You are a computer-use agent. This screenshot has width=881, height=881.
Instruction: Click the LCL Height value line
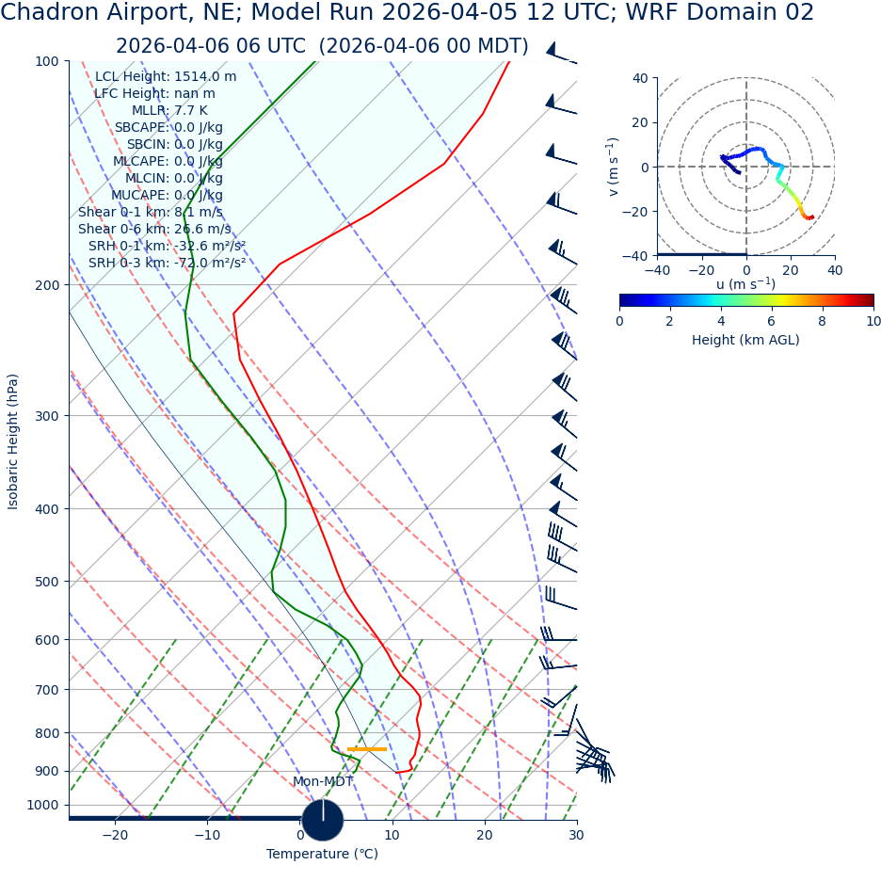tap(166, 77)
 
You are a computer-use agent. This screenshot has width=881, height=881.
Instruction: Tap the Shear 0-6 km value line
tap(154, 230)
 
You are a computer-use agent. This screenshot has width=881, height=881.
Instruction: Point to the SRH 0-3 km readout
tap(167, 264)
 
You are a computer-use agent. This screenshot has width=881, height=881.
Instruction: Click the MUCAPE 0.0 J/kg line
tap(167, 196)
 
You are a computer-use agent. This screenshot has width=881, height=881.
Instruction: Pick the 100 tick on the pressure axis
tap(47, 62)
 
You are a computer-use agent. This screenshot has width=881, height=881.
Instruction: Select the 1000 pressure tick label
tap(42, 806)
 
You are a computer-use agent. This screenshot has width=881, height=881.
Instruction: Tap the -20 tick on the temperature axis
tap(115, 835)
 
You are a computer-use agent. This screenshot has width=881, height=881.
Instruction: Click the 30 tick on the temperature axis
tap(576, 835)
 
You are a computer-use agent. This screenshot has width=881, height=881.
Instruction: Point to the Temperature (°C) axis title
tap(322, 855)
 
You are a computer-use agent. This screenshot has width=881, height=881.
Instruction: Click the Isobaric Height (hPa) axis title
tap(13, 441)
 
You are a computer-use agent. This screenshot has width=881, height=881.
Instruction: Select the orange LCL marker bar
tap(367, 749)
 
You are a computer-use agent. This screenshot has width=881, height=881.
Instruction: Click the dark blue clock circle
tap(323, 820)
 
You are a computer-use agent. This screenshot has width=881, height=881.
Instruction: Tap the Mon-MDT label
tap(323, 782)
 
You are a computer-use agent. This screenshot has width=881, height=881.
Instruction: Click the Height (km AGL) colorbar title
tap(745, 341)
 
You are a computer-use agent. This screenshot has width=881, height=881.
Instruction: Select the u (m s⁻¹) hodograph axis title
tap(745, 284)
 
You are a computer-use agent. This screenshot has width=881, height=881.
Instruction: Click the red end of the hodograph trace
tap(810, 217)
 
